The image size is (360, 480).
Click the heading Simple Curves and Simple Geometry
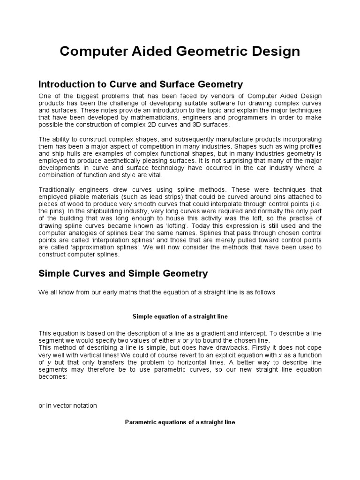(x=123, y=273)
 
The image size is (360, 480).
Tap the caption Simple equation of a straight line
(x=180, y=316)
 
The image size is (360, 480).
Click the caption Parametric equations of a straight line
(x=180, y=422)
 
